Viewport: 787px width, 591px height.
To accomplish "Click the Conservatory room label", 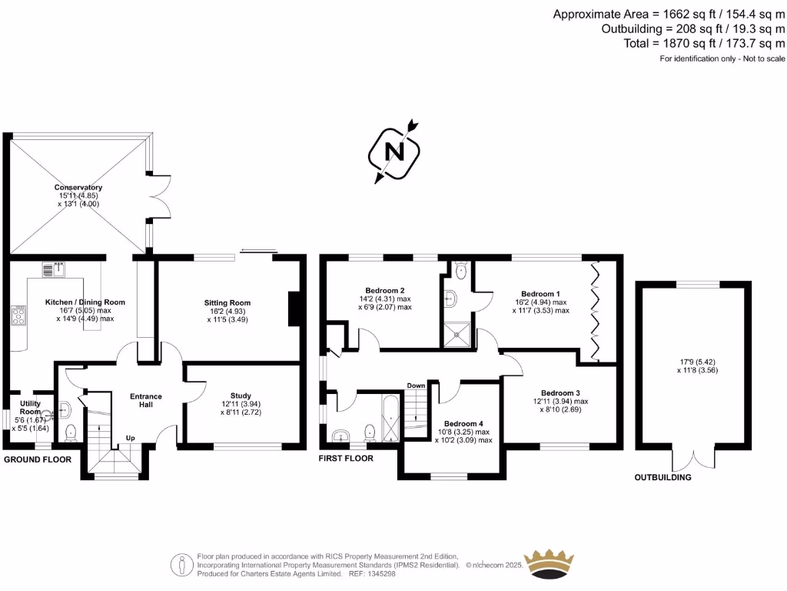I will pos(78,188).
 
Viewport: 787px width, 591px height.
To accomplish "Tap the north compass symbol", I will pos(396,152).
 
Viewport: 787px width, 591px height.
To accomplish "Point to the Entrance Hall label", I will pos(145,401).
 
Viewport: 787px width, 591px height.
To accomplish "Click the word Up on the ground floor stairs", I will pos(131,439).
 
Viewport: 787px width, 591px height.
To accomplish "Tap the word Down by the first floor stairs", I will pos(416,386).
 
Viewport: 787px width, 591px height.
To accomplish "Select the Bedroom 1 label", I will pos(540,294).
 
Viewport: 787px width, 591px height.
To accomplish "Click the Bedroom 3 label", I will pos(560,392).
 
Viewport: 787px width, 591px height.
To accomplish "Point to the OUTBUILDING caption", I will pos(662,477).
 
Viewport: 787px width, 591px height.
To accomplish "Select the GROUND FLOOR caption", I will pos(38,459).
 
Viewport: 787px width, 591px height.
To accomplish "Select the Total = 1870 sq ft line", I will pos(706,43).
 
